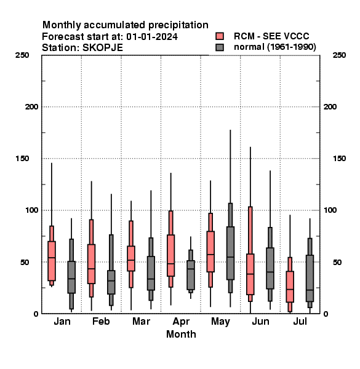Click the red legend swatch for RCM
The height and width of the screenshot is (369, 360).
click(220, 36)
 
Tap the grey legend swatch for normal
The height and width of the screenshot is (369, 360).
click(220, 47)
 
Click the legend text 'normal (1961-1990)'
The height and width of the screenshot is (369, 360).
click(274, 47)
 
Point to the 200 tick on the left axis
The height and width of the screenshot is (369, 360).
click(31, 106)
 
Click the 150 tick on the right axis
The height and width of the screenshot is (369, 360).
click(339, 159)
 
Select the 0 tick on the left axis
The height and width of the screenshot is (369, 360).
click(36, 314)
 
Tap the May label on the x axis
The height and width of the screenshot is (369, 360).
click(220, 322)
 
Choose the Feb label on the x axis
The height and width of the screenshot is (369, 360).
click(101, 321)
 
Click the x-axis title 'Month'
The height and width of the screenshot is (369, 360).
click(181, 334)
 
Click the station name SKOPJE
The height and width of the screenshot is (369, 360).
click(103, 48)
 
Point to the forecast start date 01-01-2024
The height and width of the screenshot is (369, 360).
click(152, 37)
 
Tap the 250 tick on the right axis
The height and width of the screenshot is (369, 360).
click(339, 55)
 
